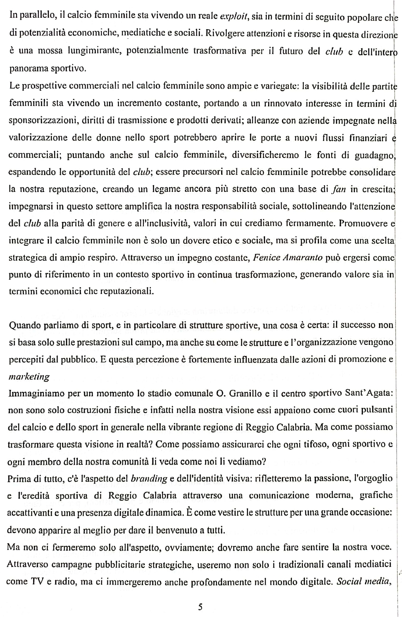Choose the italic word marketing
[x=29, y=377]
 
